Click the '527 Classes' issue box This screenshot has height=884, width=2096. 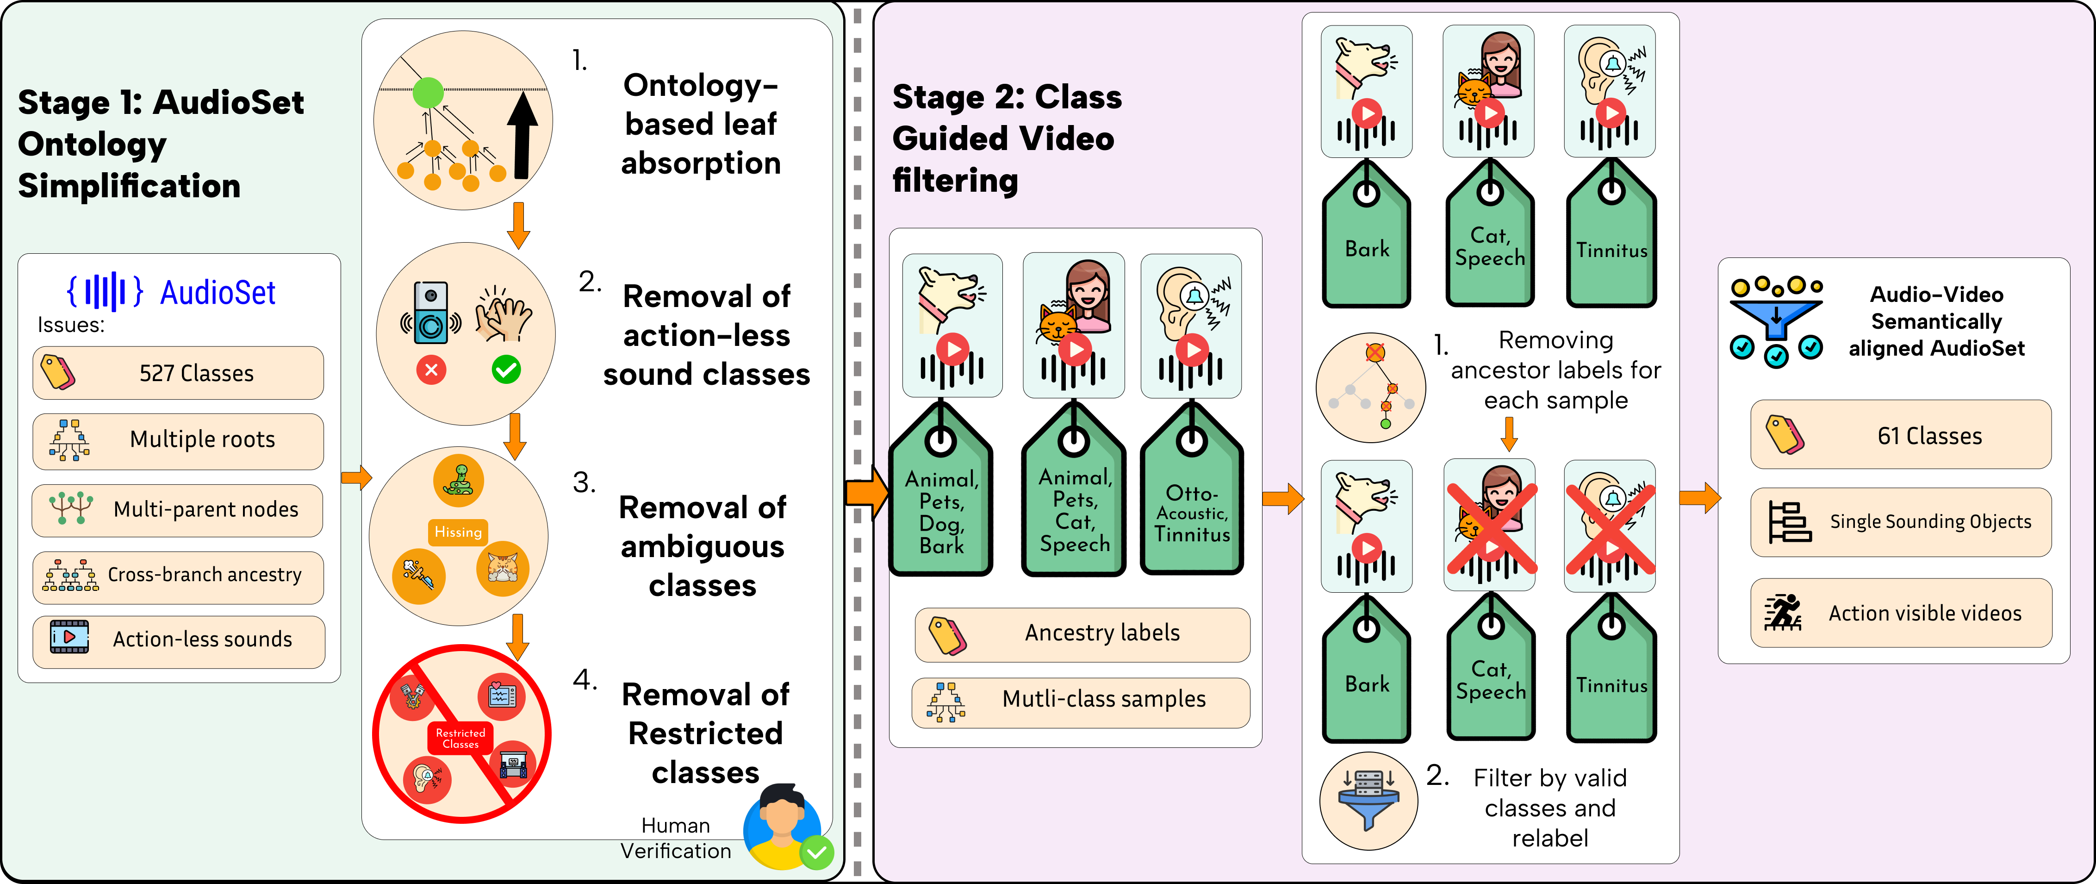(178, 373)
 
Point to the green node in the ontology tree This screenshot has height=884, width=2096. (428, 93)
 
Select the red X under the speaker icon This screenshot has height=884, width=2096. (431, 370)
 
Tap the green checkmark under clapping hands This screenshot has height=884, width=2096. (506, 370)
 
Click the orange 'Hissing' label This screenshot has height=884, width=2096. (458, 533)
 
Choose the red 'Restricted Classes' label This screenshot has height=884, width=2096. (460, 738)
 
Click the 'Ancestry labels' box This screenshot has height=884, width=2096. (1082, 633)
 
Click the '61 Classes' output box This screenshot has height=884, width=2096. (1901, 435)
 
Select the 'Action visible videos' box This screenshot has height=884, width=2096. (1901, 613)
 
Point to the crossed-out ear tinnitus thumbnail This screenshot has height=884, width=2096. (1610, 525)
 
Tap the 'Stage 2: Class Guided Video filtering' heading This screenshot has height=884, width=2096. (1008, 138)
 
